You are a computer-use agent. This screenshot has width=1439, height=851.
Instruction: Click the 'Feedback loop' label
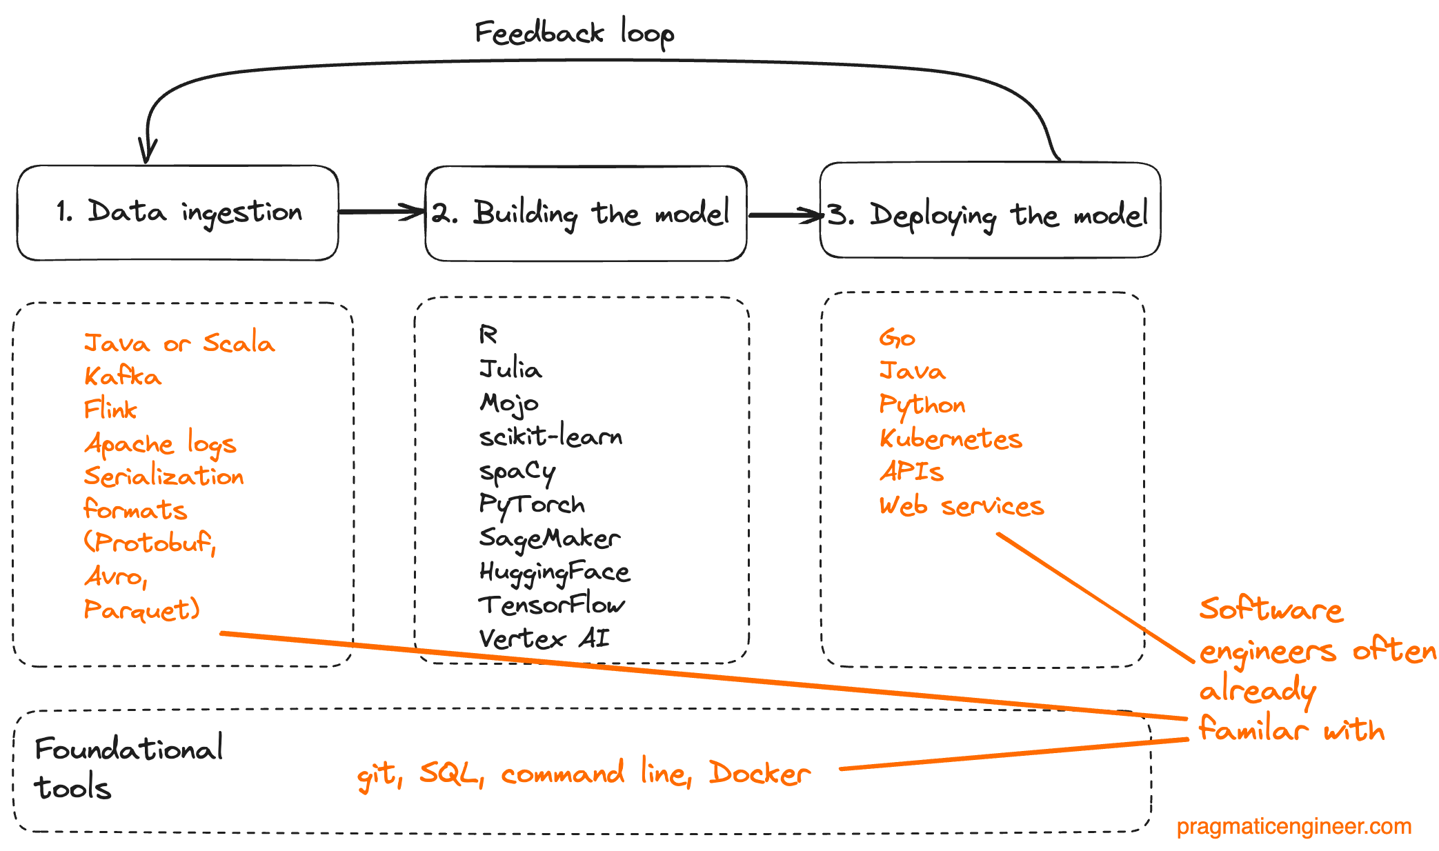point(574,33)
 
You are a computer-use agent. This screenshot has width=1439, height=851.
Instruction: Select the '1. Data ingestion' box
point(178,212)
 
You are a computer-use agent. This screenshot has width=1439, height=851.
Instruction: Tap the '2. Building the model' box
point(585,213)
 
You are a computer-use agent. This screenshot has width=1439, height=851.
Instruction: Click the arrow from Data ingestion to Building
point(381,211)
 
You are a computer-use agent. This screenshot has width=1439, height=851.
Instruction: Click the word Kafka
point(123,377)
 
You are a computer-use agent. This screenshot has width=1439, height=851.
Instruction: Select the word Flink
point(110,410)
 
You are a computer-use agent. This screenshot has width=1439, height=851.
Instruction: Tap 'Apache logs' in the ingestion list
point(160,444)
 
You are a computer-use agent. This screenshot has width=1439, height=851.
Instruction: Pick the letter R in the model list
point(488,335)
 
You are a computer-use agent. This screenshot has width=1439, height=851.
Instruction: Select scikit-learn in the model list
point(550,437)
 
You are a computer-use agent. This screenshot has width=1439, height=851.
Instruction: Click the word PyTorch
point(531,505)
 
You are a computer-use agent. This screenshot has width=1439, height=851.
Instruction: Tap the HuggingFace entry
point(555,572)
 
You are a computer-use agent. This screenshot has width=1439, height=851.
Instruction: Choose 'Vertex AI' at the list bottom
point(544,639)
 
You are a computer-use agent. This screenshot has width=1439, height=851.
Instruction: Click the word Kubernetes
point(951,439)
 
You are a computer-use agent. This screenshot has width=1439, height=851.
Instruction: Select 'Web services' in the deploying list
point(962,506)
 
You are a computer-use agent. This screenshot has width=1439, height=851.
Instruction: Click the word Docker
point(760,774)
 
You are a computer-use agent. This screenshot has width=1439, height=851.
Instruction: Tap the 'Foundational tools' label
point(128,768)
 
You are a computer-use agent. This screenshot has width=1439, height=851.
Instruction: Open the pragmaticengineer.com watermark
point(1293,826)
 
